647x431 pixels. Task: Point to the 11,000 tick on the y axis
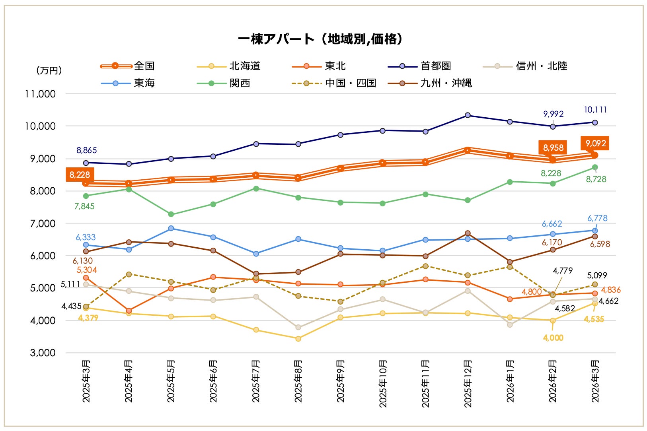pyautogui.click(x=40, y=94)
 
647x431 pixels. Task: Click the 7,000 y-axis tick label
pyautogui.click(x=43, y=223)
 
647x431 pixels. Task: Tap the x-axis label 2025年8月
pyautogui.click(x=298, y=381)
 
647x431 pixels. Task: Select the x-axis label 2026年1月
pyautogui.click(x=510, y=381)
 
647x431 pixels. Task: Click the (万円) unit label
pyautogui.click(x=49, y=70)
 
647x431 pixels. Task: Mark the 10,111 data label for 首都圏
pyautogui.click(x=595, y=110)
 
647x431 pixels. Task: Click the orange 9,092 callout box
pyautogui.click(x=595, y=143)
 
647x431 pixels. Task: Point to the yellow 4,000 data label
pyautogui.click(x=553, y=338)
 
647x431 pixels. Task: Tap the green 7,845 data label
pyautogui.click(x=84, y=206)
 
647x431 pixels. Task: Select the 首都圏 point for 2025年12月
pyautogui.click(x=468, y=115)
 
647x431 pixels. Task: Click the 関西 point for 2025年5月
pyautogui.click(x=171, y=214)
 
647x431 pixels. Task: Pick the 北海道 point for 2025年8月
pyautogui.click(x=298, y=339)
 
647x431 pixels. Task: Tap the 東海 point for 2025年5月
pyautogui.click(x=171, y=228)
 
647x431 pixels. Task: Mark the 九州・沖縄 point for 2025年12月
pyautogui.click(x=468, y=233)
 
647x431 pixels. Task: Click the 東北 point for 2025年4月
pyautogui.click(x=129, y=311)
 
